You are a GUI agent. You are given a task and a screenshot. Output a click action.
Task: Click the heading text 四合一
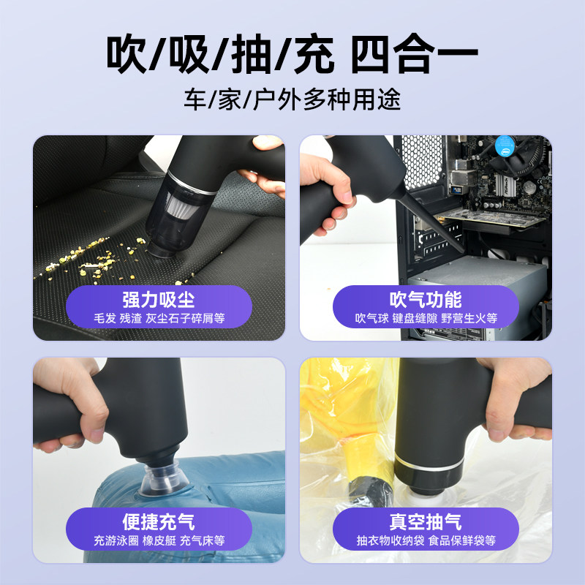(415, 55)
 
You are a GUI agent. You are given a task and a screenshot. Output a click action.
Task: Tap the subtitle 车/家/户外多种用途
(292, 99)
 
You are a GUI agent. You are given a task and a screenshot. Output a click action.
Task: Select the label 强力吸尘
(159, 299)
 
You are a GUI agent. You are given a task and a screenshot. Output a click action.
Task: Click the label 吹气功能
(426, 299)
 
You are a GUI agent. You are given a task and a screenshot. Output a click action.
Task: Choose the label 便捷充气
(159, 522)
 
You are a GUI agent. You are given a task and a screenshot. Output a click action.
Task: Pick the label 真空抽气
(426, 522)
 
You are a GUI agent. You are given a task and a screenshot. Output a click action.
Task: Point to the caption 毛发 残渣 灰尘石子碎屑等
(159, 318)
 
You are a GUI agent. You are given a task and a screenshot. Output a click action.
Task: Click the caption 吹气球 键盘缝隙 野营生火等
(426, 318)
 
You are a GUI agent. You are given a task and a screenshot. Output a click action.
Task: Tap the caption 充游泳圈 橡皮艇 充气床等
(159, 541)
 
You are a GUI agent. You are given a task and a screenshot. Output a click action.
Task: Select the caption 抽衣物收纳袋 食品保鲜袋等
(426, 541)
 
